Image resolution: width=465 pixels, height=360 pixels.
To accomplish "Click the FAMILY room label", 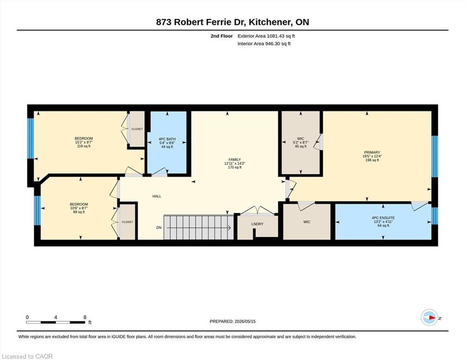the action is pyautogui.click(x=235, y=159).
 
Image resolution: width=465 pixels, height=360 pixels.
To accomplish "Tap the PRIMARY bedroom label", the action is pyautogui.click(x=372, y=152).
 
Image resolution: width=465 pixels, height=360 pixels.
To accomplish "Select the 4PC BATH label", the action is pyautogui.click(x=167, y=139).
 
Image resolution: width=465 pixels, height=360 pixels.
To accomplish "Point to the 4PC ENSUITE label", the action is pyautogui.click(x=383, y=217).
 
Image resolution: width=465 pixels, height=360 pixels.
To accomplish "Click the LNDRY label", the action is pyautogui.click(x=257, y=224).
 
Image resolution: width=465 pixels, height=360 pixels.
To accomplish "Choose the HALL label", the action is pyautogui.click(x=157, y=196).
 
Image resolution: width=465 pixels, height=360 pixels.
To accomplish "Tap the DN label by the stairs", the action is pyautogui.click(x=159, y=228).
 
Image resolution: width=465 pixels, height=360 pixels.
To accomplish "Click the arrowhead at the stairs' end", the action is pyautogui.click(x=229, y=228).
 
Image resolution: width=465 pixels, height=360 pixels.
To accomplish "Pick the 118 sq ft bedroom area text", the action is pyautogui.click(x=84, y=146).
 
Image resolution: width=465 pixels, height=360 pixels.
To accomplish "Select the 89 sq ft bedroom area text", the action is pyautogui.click(x=79, y=212).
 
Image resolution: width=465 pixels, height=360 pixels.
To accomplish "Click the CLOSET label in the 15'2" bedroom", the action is pyautogui.click(x=137, y=129).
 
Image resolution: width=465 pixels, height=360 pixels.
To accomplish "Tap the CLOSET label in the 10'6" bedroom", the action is pyautogui.click(x=127, y=222).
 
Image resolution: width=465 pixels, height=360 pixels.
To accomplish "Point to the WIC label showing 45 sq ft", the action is pyautogui.click(x=301, y=139).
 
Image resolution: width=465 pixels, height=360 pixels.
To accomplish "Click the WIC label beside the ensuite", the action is pyautogui.click(x=307, y=222).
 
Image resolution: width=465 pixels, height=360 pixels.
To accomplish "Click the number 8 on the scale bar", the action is pyautogui.click(x=85, y=317).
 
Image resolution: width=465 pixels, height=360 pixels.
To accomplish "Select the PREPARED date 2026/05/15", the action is pyautogui.click(x=245, y=321).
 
